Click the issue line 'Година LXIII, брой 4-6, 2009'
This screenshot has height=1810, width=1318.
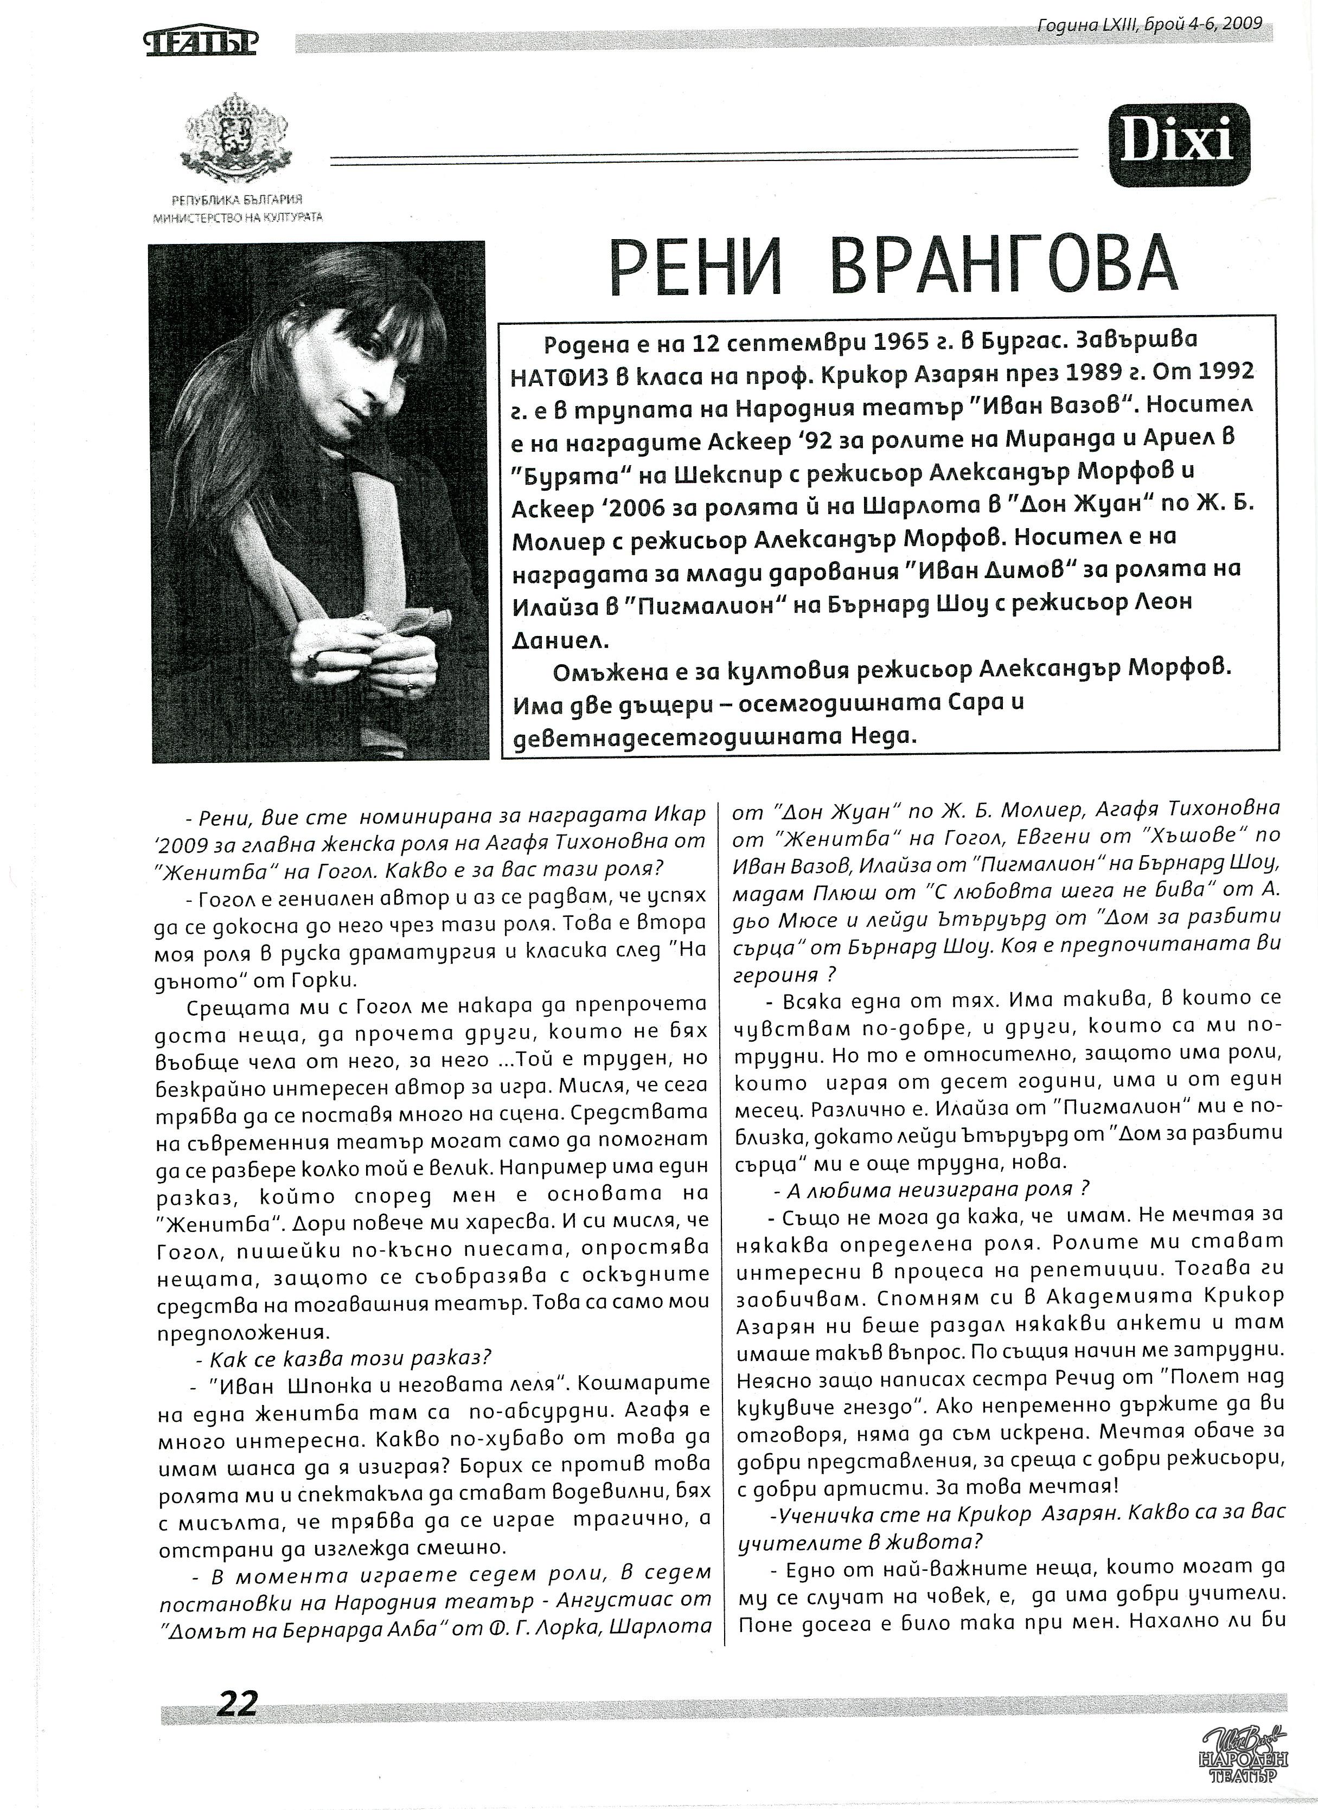(x=1149, y=23)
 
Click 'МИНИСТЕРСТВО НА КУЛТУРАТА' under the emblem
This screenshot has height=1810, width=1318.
(x=238, y=217)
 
